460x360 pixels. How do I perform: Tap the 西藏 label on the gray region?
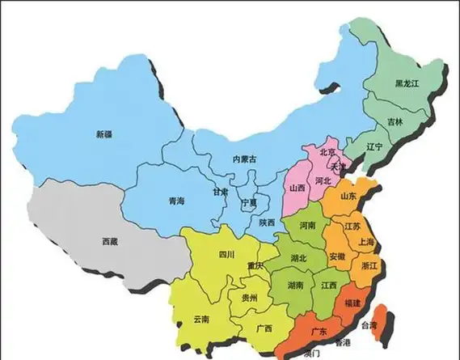coord(110,241)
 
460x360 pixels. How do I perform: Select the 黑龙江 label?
coord(407,84)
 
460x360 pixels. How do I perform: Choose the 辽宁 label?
coord(373,146)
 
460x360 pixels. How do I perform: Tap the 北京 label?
coord(327,151)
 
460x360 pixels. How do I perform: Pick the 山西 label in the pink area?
coord(298,188)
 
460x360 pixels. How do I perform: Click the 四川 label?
coord(226,254)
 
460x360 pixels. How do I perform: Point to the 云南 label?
coord(201,320)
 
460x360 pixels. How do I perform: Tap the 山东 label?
coord(348,196)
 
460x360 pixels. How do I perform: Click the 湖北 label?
coord(298,258)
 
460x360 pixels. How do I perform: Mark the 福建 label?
coord(352,302)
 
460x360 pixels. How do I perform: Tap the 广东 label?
coord(319,332)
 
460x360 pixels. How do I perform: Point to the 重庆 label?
coord(255,266)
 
